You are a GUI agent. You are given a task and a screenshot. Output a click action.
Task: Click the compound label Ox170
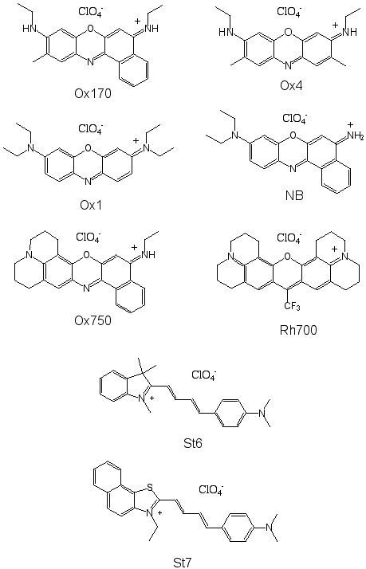pos(93,93)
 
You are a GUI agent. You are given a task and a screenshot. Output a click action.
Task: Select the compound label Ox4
pos(291,85)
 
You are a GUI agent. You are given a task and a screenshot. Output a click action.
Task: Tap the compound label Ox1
pos(91,205)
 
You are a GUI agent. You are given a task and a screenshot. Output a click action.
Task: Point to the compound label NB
pos(294,195)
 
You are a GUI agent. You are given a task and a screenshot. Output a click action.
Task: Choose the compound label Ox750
pos(93,321)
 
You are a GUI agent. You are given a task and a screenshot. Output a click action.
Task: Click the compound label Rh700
pos(298,330)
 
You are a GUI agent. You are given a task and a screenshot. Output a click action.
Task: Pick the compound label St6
pos(192,443)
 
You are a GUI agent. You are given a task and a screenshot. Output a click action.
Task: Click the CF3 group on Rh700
pos(293,307)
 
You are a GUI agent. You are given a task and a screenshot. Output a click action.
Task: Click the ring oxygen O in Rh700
pos(288,257)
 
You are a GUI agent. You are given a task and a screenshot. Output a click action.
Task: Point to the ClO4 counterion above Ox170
pos(91,12)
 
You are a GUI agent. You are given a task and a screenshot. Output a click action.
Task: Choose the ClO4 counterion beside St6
pos(204,375)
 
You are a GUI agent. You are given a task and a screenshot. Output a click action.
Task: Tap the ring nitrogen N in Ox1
pos(88,182)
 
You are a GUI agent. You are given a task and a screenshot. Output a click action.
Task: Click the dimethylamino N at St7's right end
pos(269,527)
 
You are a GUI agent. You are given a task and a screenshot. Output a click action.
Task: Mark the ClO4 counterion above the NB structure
pos(295,118)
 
